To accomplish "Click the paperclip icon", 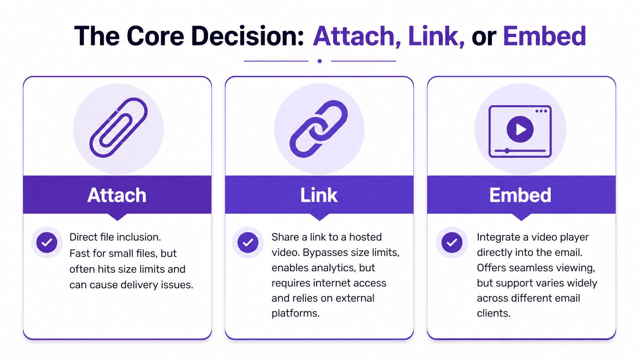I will point(118,128).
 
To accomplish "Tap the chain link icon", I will point(319,129).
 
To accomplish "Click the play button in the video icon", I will point(520,129).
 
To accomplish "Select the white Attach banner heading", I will point(117,195).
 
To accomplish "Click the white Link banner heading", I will point(319,195).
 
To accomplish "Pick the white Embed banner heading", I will point(520,195).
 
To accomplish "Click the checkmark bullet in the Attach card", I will point(47,242).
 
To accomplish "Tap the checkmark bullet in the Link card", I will point(248,242).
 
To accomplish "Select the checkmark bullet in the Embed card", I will point(452,242).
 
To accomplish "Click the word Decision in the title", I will point(247,36).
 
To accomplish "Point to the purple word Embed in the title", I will point(544,36).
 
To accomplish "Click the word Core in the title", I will point(155,36).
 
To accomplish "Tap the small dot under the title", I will point(320,61).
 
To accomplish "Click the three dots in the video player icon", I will point(541,111).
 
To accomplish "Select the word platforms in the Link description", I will point(295,313).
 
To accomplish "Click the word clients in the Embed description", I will point(493,313).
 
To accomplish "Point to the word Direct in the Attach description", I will point(83,237).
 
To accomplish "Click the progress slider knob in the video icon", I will point(507,151).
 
